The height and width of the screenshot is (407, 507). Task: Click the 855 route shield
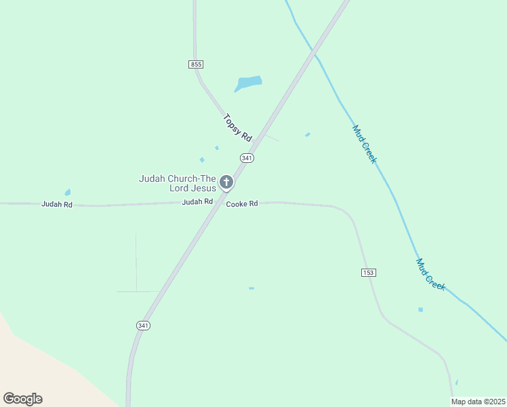(x=196, y=64)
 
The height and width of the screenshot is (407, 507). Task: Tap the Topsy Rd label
(x=237, y=127)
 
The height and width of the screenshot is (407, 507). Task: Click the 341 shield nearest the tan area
(x=143, y=326)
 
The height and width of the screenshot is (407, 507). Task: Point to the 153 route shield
(x=368, y=272)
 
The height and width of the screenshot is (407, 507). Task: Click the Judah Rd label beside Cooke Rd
(x=197, y=201)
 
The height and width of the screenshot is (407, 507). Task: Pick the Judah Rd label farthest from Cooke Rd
(x=57, y=203)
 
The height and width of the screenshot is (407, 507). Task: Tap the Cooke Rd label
(x=242, y=203)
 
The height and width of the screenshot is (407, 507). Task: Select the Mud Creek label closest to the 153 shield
(x=430, y=275)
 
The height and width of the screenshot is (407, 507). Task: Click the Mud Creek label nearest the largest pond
(x=364, y=144)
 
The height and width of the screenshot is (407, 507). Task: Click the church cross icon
(x=226, y=182)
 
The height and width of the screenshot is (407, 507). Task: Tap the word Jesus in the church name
(x=203, y=188)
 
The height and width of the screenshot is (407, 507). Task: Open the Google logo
(x=22, y=399)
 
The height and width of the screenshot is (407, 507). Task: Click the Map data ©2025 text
(x=478, y=402)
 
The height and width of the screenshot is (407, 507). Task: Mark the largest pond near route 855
(x=248, y=83)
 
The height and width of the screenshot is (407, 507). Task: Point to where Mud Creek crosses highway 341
(x=313, y=51)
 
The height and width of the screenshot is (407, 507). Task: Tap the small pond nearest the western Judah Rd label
(x=67, y=193)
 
